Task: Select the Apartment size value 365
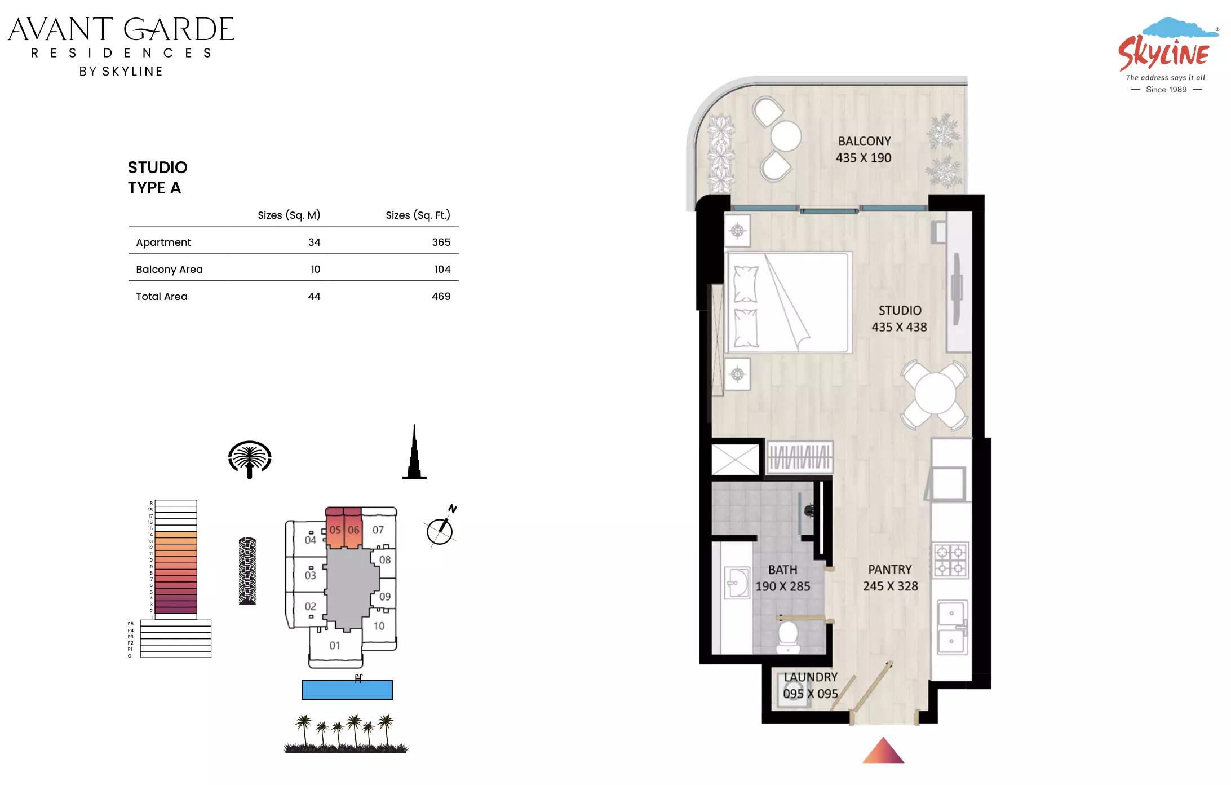tap(441, 242)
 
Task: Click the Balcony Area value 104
tap(442, 270)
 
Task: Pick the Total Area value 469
tap(441, 297)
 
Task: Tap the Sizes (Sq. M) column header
tap(289, 215)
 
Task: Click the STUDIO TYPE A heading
tap(157, 178)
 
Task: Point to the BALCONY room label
tap(864, 142)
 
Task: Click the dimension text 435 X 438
tap(899, 327)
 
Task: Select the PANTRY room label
tap(889, 570)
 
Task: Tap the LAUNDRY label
tap(811, 677)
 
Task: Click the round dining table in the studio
tap(935, 394)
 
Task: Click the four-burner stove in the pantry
tap(951, 560)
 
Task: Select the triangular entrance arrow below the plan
tap(883, 751)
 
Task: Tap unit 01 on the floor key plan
tap(335, 646)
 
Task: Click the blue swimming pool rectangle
tap(347, 690)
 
